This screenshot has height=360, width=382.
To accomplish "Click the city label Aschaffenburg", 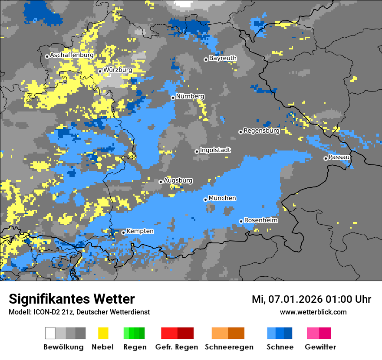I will point(72,56).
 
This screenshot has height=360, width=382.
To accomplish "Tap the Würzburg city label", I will point(118,70).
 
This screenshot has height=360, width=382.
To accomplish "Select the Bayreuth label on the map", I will point(223,58).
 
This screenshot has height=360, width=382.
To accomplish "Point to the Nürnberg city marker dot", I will point(173,98).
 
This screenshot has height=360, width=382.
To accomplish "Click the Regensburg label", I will point(261,131).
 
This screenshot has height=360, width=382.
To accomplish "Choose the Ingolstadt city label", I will point(215,151).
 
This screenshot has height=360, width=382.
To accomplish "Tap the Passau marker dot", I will point(326,158).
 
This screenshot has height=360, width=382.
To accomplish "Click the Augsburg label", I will point(178,180).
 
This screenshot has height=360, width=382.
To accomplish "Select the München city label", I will point(222,198).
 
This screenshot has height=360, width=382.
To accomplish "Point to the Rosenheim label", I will point(261,220).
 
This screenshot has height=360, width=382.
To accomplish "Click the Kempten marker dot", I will point(123,232).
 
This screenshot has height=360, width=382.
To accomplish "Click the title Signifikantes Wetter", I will point(72,299).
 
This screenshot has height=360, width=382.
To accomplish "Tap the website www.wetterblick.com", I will point(313,312).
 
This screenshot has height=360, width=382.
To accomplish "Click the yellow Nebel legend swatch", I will point(103,333).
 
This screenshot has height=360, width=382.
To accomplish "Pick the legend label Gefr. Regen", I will point(177,347).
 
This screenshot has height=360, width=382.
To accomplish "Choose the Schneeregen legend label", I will point(229,347).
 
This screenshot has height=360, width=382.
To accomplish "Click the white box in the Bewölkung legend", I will point(50,333).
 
